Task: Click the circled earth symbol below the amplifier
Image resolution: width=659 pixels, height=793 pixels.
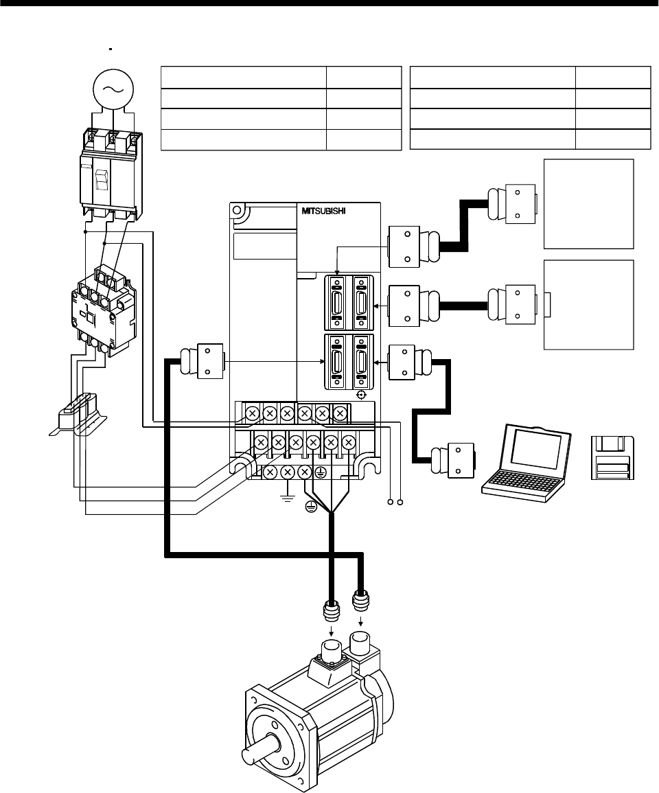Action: click(313, 507)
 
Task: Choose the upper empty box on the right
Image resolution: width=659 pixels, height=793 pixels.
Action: click(588, 203)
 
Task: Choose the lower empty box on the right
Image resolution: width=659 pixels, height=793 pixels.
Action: click(588, 305)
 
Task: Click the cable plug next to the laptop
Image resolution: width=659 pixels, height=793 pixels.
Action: click(450, 459)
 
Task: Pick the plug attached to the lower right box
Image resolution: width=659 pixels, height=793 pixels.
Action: click(513, 303)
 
